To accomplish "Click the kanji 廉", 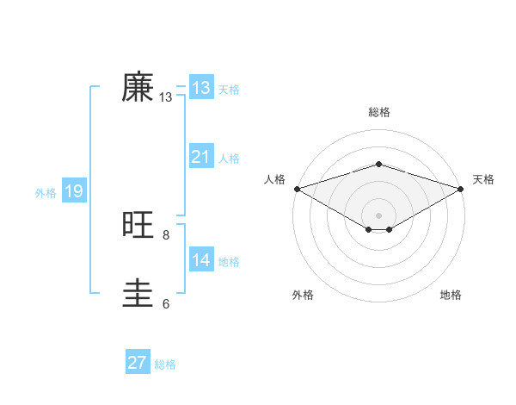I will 138,87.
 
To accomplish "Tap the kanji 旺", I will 138,225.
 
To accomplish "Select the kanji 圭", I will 138,294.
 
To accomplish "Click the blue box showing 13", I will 201,87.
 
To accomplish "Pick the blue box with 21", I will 201,156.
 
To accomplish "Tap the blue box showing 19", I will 73,191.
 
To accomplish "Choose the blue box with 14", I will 201,259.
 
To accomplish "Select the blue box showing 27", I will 138,363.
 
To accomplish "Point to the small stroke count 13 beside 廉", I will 166,98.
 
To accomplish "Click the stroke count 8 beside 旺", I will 166,234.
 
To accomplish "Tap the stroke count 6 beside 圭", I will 166,303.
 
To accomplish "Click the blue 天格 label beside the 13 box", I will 229,90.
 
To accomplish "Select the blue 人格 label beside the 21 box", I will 229,159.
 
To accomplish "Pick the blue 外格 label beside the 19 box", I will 46,193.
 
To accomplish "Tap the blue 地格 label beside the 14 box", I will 229,262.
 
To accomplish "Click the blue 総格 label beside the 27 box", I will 165,365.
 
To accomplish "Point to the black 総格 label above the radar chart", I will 378,112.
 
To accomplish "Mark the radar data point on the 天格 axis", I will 461,188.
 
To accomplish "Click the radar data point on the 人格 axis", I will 297,188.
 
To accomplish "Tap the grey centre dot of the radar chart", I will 378,215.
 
